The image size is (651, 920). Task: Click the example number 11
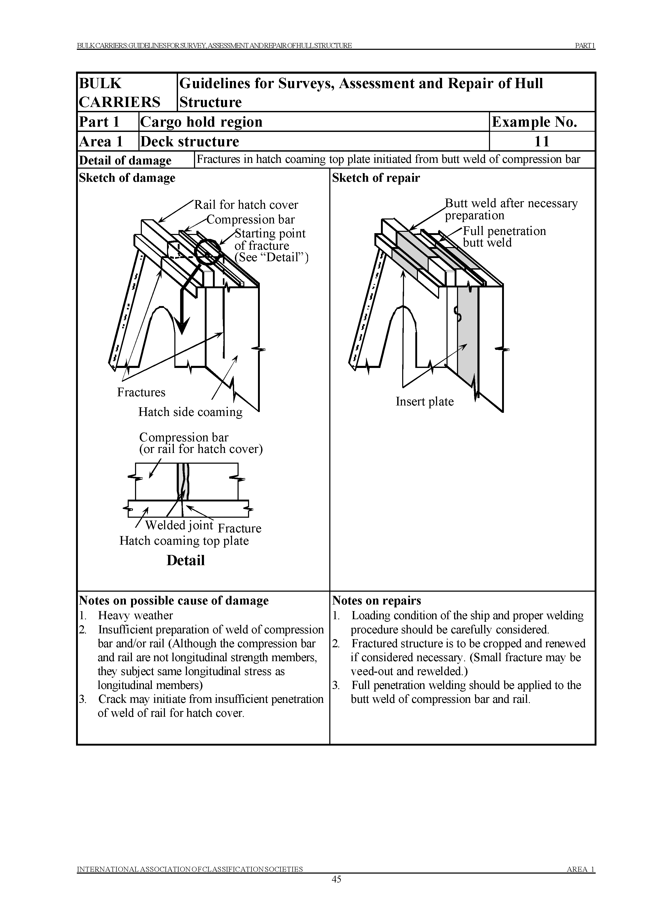pos(542,142)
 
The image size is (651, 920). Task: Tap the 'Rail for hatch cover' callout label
pos(246,205)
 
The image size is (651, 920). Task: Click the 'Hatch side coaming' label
pos(190,412)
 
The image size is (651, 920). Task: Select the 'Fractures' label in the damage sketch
pos(141,392)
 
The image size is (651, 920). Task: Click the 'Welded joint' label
pos(179,525)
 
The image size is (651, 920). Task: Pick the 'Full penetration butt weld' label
pos(504,237)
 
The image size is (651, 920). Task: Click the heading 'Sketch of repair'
pos(376,178)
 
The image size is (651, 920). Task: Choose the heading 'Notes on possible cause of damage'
pos(174,601)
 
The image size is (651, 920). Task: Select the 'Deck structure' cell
pos(190,142)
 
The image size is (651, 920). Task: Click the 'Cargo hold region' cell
pos(201,122)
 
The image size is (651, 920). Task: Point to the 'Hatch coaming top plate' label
pos(184,541)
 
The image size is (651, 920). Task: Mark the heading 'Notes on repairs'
pos(376,601)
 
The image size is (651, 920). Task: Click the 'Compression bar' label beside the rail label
pos(251,220)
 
